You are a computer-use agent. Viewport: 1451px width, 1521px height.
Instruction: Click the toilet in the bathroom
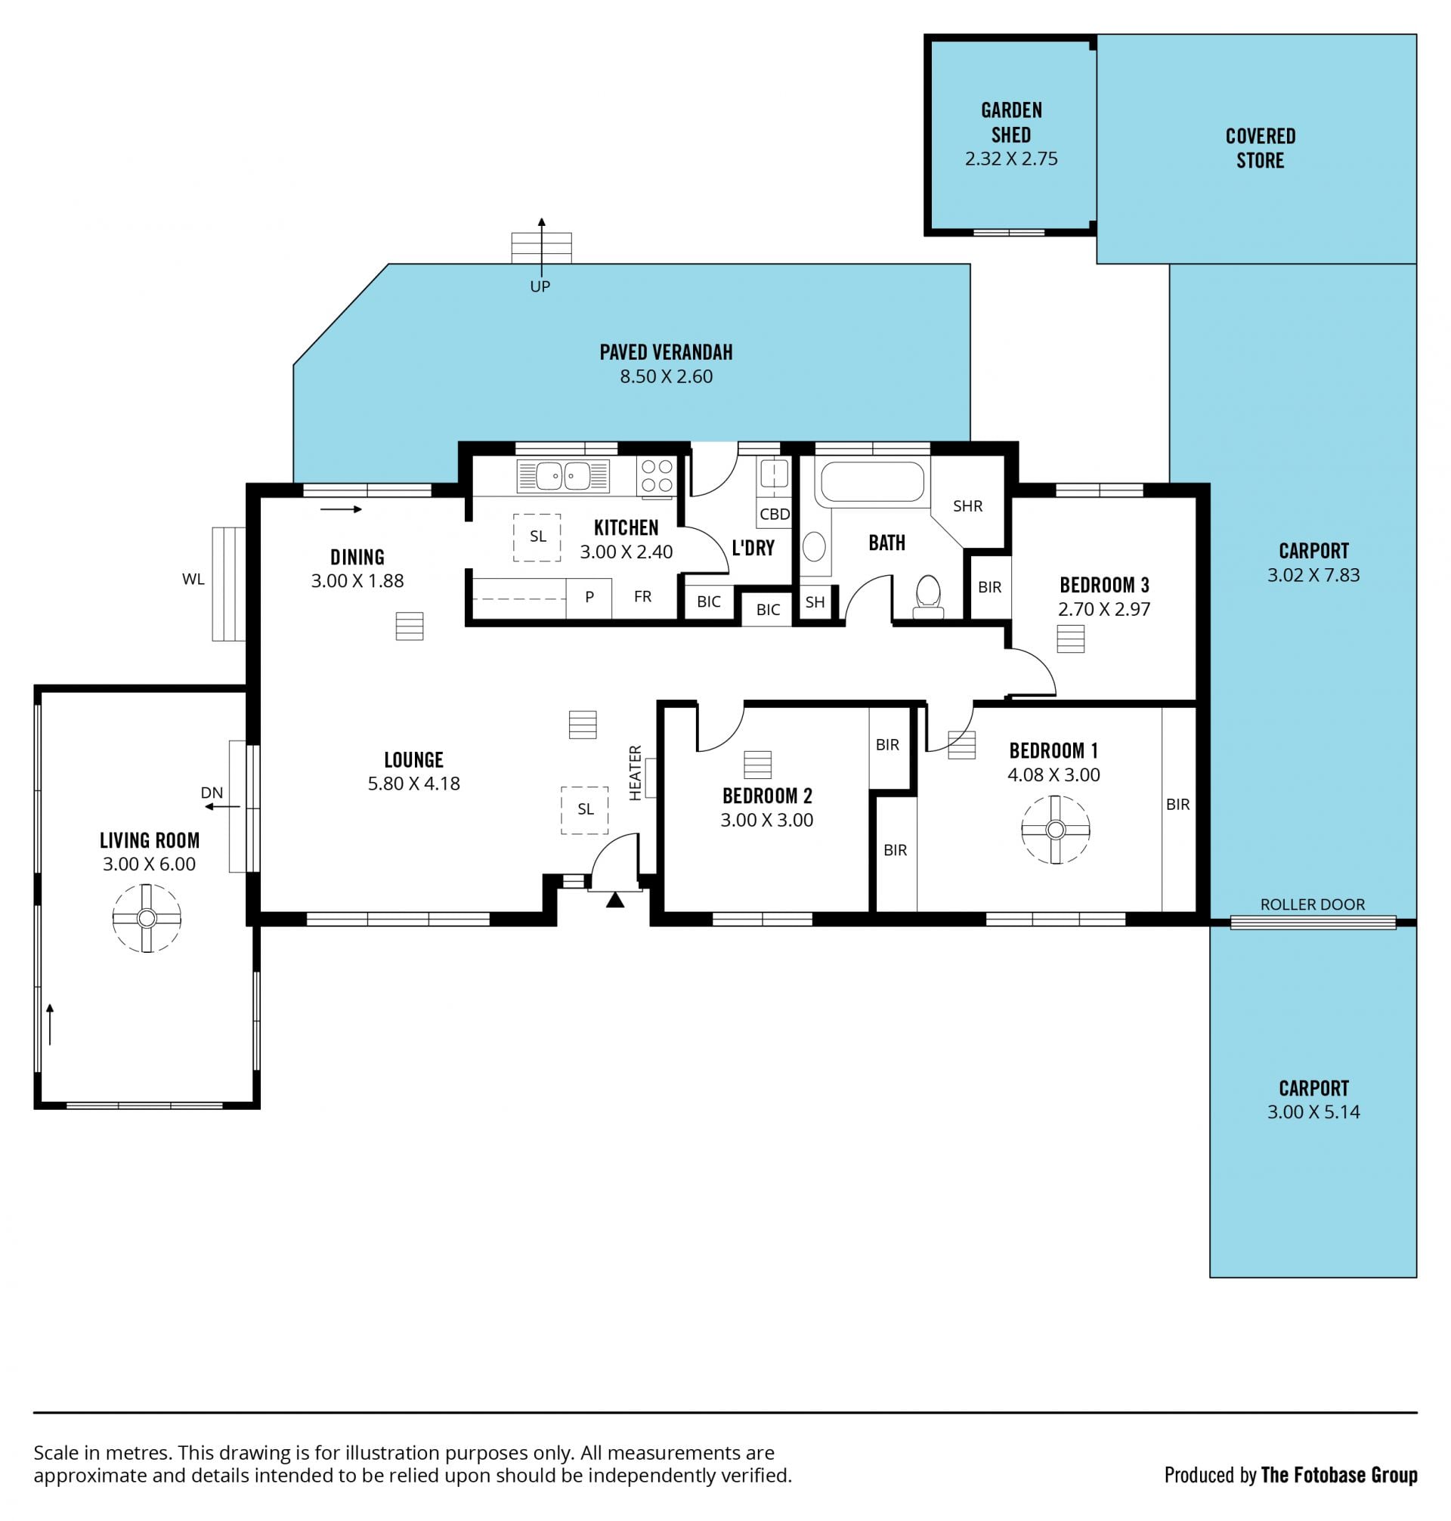tap(927, 596)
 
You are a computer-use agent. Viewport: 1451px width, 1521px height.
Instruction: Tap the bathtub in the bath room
tap(871, 482)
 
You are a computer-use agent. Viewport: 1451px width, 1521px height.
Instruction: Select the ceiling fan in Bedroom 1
tap(1055, 830)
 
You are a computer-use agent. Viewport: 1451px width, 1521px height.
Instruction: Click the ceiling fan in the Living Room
tap(146, 918)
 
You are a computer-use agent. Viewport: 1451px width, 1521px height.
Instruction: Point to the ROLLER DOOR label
tap(1313, 904)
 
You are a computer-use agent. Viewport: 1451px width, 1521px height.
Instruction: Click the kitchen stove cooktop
tap(656, 476)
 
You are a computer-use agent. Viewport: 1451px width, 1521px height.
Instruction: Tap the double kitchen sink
tap(563, 475)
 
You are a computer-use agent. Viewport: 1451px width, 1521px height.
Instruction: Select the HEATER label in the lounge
tap(635, 772)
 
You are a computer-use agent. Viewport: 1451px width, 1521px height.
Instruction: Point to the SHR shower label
tap(967, 505)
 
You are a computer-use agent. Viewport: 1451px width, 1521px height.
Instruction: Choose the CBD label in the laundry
tap(774, 514)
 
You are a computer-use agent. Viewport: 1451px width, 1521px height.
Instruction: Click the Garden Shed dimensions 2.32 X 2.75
tap(1011, 159)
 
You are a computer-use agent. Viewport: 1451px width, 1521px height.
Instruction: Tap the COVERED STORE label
tap(1260, 147)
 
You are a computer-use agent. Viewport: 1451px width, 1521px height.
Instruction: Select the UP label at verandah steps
tap(540, 286)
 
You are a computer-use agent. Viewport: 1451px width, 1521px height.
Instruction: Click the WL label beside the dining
tap(193, 580)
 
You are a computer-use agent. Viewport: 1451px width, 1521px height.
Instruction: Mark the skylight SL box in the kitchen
tap(537, 537)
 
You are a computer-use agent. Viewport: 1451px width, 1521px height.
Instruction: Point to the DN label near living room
tap(212, 793)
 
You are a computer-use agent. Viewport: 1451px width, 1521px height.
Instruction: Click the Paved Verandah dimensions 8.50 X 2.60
tap(666, 376)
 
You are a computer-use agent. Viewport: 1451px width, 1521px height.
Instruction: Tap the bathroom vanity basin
tap(814, 547)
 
